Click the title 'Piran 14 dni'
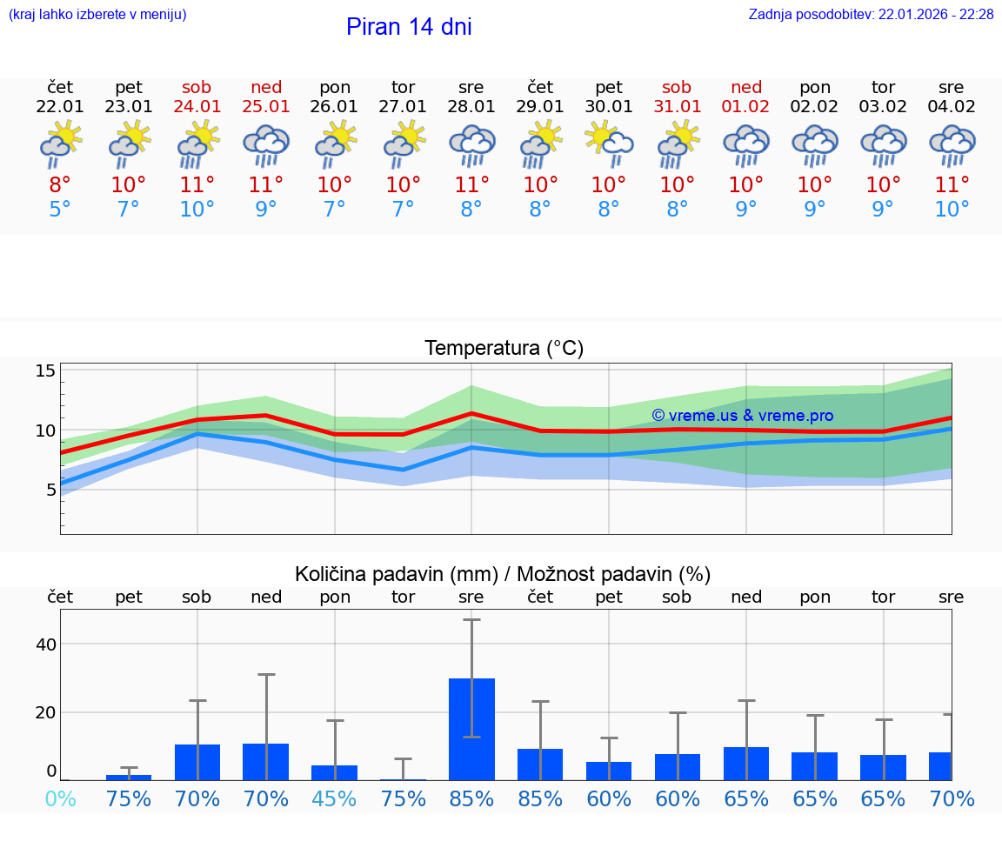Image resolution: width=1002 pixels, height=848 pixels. [409, 27]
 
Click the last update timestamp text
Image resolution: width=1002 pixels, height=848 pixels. [871, 15]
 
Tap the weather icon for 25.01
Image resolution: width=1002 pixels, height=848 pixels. [266, 145]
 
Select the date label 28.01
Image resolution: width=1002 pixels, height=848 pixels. [471, 107]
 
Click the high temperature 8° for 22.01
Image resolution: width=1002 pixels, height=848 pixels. [60, 185]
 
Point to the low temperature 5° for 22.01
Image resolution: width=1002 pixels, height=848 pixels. [60, 210]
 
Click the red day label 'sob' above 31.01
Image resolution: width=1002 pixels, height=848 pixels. [677, 87]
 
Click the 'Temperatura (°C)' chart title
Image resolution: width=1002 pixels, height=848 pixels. [504, 349]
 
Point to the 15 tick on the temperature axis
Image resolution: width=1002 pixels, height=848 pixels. [45, 371]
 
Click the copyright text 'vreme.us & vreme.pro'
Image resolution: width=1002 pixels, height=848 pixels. [742, 416]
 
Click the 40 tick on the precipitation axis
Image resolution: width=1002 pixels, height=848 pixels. [45, 644]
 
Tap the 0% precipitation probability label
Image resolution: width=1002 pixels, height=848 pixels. [60, 798]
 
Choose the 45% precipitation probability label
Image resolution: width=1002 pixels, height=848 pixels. [335, 798]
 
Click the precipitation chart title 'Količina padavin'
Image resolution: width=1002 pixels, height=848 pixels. [503, 574]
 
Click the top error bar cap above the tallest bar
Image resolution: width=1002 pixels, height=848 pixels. [471, 619]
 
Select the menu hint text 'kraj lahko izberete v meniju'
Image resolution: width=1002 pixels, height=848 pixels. [97, 15]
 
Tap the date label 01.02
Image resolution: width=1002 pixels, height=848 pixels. [745, 107]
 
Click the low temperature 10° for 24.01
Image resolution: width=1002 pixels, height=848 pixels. [197, 210]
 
